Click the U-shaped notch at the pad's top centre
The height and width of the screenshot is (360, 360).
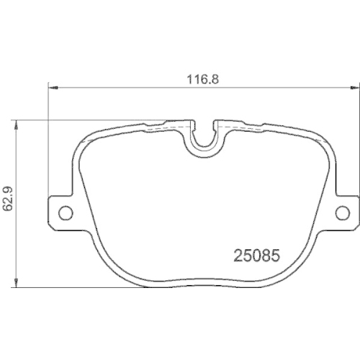click(204, 136)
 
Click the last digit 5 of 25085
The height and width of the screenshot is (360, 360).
click(275, 255)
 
